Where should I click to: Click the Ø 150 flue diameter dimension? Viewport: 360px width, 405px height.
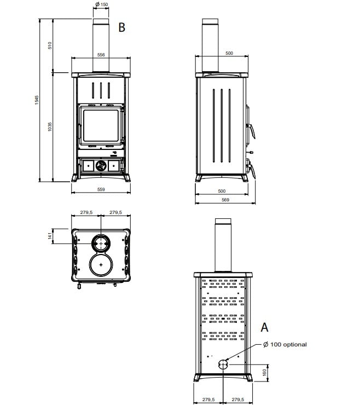pyautogui.click(x=102, y=4)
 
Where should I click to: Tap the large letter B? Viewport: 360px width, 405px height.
pyautogui.click(x=121, y=27)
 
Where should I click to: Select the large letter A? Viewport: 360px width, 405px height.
pyautogui.click(x=264, y=327)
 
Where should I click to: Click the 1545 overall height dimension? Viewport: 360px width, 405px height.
pyautogui.click(x=37, y=100)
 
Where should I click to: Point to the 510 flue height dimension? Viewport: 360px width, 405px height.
pyautogui.click(x=50, y=45)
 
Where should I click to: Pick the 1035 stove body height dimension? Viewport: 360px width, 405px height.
pyautogui.click(x=50, y=126)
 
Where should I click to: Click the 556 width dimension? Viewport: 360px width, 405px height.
pyautogui.click(x=101, y=55)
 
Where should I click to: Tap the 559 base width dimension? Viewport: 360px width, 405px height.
pyautogui.click(x=101, y=189)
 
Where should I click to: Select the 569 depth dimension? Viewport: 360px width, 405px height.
pyautogui.click(x=225, y=200)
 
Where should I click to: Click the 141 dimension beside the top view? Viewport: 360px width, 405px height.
pyautogui.click(x=50, y=235)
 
